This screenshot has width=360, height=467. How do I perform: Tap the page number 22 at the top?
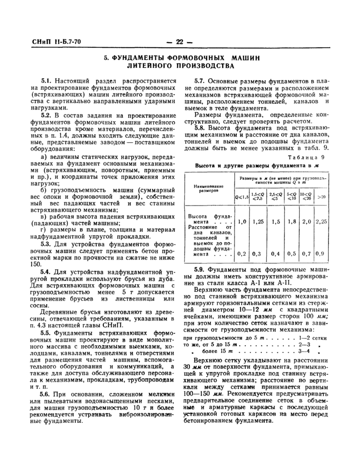click(x=179, y=42)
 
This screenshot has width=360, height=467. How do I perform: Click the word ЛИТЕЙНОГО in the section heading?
click(x=153, y=66)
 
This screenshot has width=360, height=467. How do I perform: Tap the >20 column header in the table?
click(x=321, y=196)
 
